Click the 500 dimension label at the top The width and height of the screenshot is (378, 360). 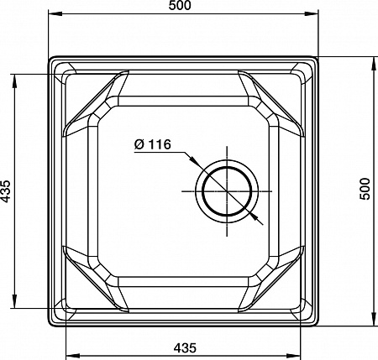(180, 5)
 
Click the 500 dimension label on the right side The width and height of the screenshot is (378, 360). (365, 189)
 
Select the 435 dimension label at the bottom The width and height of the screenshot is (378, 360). (185, 348)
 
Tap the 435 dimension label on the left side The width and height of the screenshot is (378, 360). (5, 191)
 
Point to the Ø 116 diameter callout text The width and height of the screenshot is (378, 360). (152, 144)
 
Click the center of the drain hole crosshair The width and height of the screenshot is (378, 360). (227, 191)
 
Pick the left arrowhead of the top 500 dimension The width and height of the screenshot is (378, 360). (55, 13)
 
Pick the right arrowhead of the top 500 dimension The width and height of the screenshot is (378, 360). (312, 13)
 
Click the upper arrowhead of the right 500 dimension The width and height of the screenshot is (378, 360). (374, 64)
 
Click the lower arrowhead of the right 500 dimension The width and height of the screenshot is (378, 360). (374, 319)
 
